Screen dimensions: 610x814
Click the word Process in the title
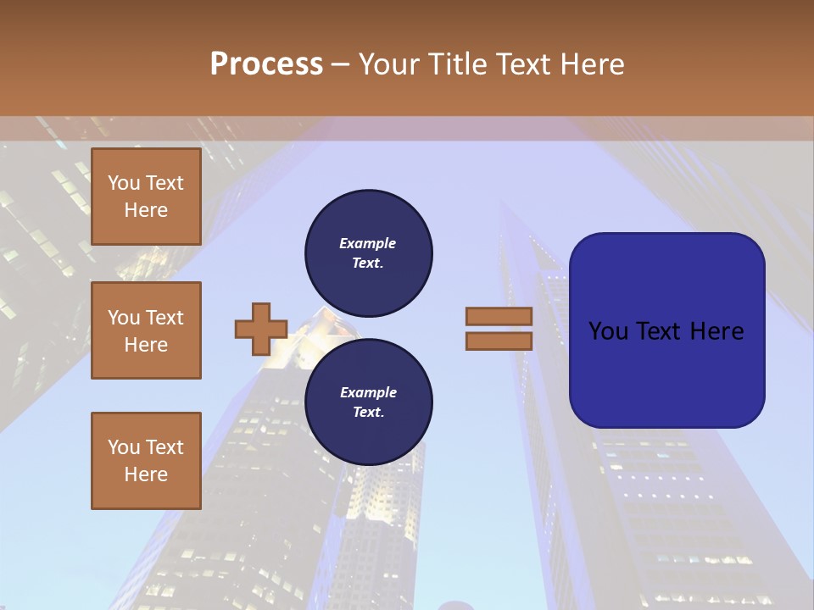coord(266,64)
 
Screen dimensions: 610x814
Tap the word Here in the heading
coord(592,64)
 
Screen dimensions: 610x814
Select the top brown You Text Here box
coord(146,197)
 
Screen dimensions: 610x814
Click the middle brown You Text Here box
coord(146,330)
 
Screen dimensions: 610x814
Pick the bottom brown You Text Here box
coord(146,461)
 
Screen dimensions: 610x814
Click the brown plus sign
coord(261,330)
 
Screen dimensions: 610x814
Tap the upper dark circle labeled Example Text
coord(369,253)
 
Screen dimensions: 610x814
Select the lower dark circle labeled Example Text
coord(369,402)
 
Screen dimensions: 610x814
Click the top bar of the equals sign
coord(499,317)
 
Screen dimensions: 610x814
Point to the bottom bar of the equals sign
coord(499,341)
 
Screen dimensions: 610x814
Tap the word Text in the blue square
coord(665,331)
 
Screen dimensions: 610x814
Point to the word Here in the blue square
coord(717,331)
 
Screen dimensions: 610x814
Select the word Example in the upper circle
coord(368,243)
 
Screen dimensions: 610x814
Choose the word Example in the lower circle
coord(368,392)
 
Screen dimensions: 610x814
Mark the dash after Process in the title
coord(340,65)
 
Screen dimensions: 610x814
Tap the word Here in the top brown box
coord(146,210)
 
